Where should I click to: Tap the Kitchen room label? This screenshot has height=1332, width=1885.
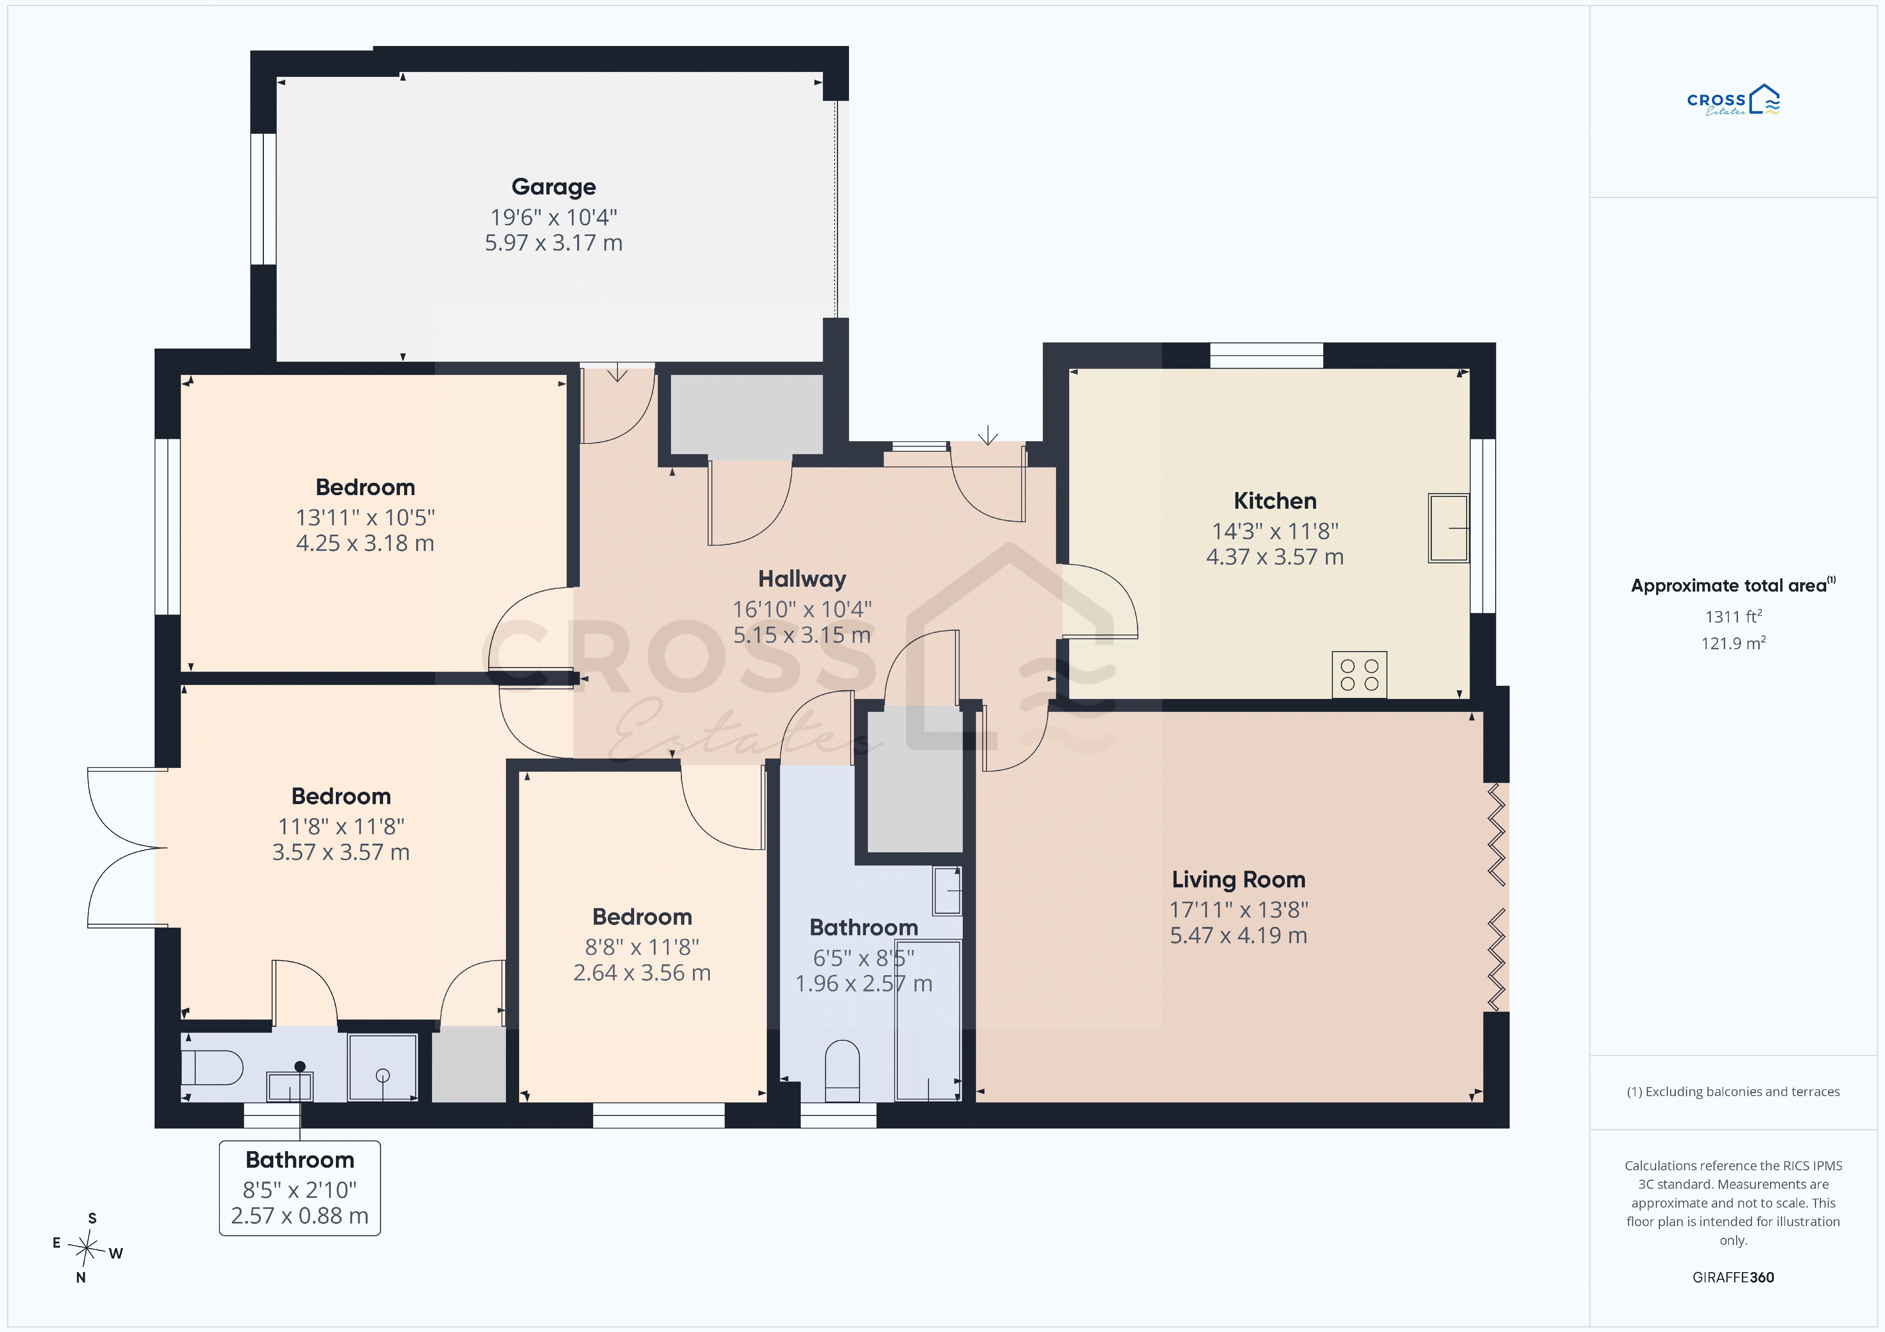tap(1275, 501)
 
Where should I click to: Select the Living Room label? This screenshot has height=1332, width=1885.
tap(1238, 880)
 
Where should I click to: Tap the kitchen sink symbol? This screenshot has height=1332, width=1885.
tap(1448, 528)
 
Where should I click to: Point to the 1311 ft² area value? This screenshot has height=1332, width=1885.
tap(1733, 616)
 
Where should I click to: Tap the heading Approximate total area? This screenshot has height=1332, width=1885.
tap(1732, 585)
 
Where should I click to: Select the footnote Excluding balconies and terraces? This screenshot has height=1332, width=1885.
tap(1733, 1092)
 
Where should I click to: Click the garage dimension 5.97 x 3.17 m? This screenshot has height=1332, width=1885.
tap(553, 243)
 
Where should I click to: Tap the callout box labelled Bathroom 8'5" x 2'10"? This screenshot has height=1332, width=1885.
tap(300, 1188)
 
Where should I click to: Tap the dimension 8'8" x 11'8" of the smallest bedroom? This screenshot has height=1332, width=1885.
tap(642, 947)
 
